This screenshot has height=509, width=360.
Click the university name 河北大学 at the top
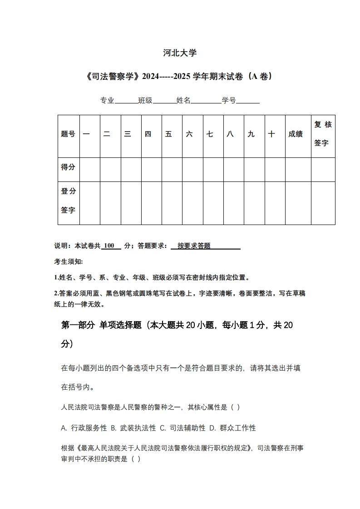click(x=180, y=53)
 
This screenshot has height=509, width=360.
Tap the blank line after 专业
click(x=126, y=101)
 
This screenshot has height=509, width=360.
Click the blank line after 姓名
click(x=206, y=101)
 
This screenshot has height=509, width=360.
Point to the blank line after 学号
click(x=248, y=101)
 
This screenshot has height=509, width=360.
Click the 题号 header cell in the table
click(x=69, y=134)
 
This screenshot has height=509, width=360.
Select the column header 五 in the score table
click(x=169, y=134)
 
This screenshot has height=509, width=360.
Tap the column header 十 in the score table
click(x=271, y=134)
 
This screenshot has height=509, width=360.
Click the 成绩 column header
click(x=296, y=134)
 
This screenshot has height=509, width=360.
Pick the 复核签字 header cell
click(x=323, y=134)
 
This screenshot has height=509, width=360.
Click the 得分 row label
click(x=69, y=167)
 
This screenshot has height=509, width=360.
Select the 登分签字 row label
click(x=69, y=201)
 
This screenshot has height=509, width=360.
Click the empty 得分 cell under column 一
click(x=89, y=169)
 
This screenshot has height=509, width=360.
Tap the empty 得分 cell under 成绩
click(x=298, y=169)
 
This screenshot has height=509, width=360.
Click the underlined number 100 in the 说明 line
click(x=109, y=245)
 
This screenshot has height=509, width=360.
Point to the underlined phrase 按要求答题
click(x=194, y=245)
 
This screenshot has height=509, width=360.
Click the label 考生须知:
click(x=69, y=262)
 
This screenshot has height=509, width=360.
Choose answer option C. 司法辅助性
click(x=182, y=428)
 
